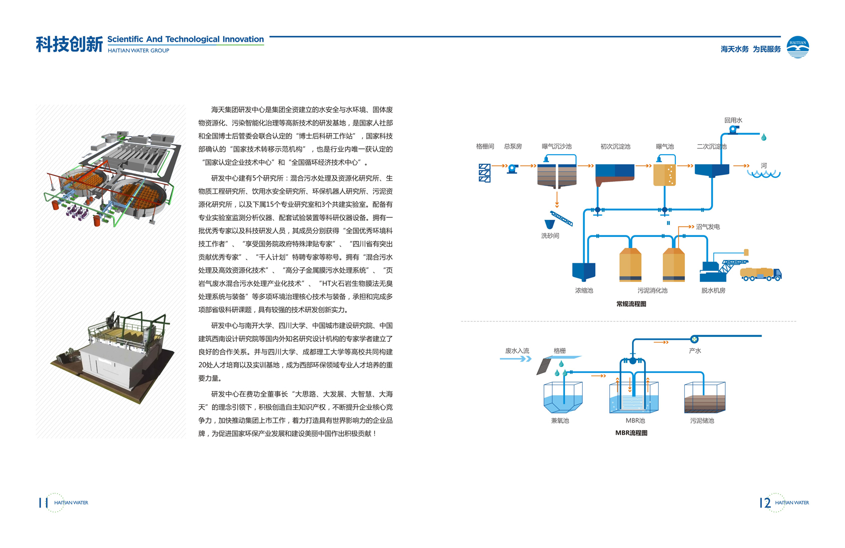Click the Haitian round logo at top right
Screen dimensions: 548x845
tap(798, 47)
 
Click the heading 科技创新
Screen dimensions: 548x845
tap(69, 45)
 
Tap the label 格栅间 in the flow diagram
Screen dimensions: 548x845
tap(485, 147)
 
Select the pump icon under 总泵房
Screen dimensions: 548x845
tap(513, 169)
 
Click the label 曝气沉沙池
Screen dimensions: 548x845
tap(556, 147)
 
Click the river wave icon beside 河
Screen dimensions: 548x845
tap(763, 174)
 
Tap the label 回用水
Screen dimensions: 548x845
tap(733, 120)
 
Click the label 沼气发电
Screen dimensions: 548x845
tap(708, 227)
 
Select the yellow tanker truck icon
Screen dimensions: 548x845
tap(760, 274)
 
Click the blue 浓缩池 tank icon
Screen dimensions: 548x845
tap(584, 272)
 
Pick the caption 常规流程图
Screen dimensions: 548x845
tap(631, 304)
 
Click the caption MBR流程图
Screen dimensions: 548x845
tap(631, 433)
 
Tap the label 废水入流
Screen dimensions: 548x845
tap(517, 351)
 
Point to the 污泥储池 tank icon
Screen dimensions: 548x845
tap(705, 398)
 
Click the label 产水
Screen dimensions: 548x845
tap(695, 351)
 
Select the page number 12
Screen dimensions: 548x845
tap(765, 503)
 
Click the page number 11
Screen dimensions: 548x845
tap(43, 503)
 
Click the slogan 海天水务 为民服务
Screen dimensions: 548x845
tap(750, 49)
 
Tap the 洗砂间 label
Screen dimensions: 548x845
tap(550, 236)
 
